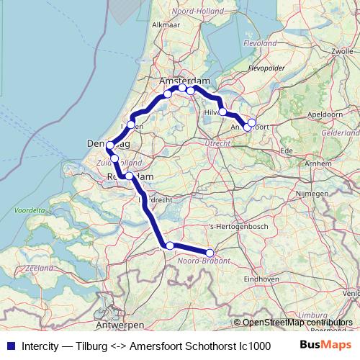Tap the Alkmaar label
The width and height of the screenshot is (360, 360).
[x=166, y=24]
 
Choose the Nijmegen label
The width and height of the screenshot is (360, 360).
[x=312, y=194]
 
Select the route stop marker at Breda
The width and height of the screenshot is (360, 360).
[x=170, y=246]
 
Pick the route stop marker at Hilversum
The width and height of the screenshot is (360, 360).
[x=222, y=112]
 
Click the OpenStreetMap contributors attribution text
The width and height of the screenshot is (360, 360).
[x=297, y=323]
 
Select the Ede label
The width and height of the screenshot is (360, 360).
[x=287, y=150]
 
